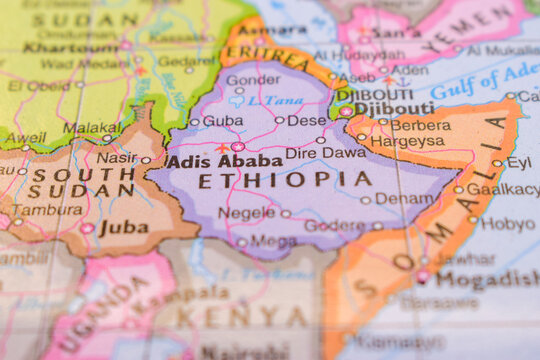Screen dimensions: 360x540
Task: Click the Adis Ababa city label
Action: [224, 160]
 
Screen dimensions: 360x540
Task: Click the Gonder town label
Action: [253, 80]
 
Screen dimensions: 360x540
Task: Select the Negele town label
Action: [246, 213]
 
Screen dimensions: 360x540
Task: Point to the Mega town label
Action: [273, 241]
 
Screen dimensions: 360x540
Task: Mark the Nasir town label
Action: [116, 158]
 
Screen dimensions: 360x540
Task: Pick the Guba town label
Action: [222, 121]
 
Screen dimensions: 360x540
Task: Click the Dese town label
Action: [306, 121]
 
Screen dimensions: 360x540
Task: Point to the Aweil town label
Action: [26, 138]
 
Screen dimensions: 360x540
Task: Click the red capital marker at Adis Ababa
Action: [238, 146]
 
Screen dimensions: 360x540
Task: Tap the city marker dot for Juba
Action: [87, 228]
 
